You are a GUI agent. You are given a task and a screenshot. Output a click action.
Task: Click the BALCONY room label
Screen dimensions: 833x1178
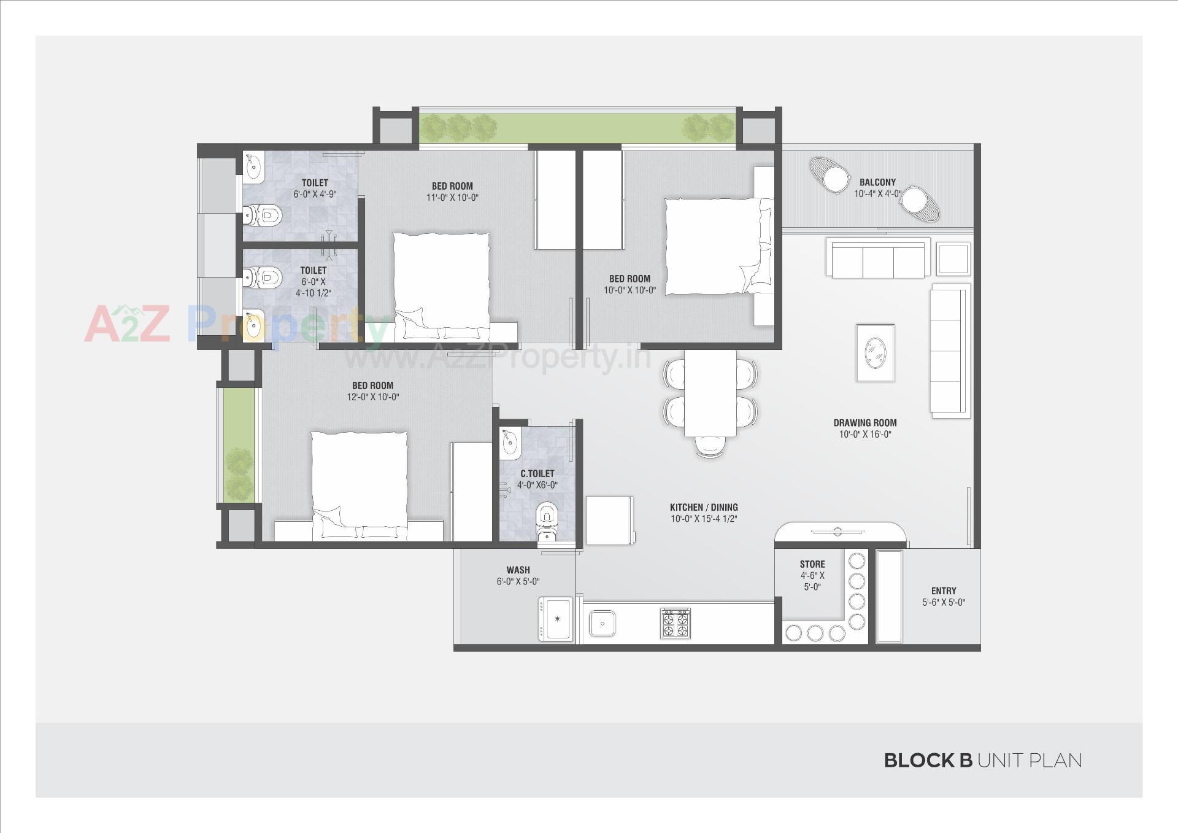[877, 182]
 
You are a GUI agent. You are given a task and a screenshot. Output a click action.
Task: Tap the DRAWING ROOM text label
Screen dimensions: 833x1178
[864, 423]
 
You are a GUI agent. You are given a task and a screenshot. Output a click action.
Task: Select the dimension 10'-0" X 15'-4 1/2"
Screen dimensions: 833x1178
[703, 519]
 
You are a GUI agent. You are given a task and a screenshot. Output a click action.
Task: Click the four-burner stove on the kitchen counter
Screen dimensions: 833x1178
[675, 623]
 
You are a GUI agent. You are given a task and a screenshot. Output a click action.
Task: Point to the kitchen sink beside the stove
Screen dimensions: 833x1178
[602, 624]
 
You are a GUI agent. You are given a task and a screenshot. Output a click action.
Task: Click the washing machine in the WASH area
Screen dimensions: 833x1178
[556, 619]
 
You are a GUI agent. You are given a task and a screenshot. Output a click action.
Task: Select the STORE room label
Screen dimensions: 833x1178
[812, 564]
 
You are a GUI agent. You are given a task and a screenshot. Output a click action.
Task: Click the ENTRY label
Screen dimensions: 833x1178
[943, 591]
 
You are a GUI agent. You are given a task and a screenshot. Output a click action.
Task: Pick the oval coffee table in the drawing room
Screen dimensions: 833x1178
[875, 353]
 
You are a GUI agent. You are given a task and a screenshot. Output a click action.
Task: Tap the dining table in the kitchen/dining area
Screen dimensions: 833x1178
[710, 393]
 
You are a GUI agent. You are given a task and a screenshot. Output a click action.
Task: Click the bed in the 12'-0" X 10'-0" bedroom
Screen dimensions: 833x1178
[359, 485]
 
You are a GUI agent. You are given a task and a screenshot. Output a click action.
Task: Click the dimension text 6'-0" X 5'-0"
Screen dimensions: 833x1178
[518, 581]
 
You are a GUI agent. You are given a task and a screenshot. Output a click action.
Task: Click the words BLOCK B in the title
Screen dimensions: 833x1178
[928, 761]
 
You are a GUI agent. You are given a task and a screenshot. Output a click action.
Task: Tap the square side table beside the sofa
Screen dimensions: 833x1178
[953, 259]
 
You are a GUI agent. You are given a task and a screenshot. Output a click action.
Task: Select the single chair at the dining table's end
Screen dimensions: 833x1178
[710, 446]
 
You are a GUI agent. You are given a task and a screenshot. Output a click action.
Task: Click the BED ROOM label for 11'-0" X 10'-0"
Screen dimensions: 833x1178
[452, 186]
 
